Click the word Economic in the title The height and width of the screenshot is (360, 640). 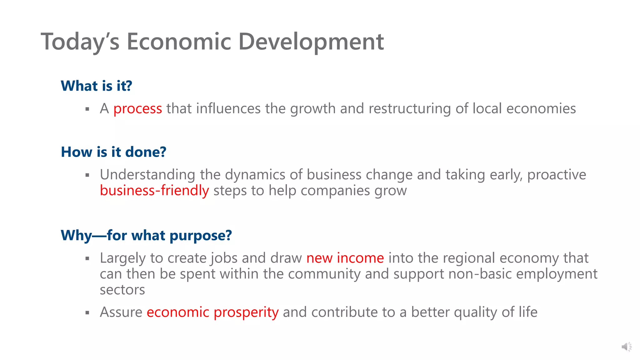(179, 42)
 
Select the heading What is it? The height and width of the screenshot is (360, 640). (96, 86)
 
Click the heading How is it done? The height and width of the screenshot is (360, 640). (113, 152)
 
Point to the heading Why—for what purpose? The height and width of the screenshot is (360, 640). (146, 235)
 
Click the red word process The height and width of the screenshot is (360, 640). (137, 109)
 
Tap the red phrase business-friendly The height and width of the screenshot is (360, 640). (154, 191)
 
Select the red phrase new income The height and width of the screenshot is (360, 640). (345, 258)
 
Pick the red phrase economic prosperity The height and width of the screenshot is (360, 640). (212, 312)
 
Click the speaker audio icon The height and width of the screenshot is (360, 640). (626, 347)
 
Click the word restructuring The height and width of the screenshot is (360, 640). (410, 109)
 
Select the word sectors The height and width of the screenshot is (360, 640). (122, 290)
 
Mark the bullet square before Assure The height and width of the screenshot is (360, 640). (87, 312)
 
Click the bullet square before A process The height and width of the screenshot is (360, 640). (87, 109)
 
